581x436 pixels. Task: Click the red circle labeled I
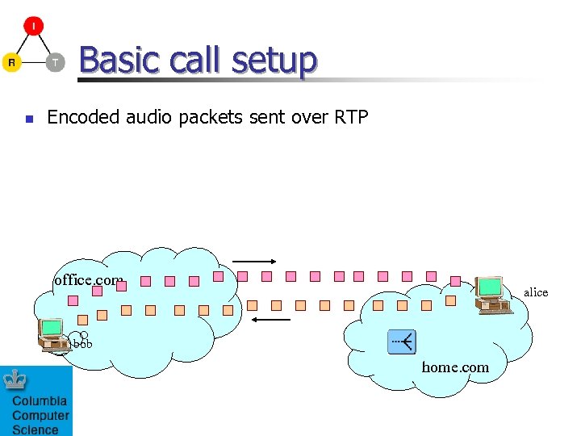(33, 26)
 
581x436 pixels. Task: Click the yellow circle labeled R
(10, 63)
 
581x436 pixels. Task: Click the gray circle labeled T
(55, 63)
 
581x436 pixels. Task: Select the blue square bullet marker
(28, 119)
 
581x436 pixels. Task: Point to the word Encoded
(84, 118)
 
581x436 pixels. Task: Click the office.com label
(88, 281)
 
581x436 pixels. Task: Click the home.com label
(455, 367)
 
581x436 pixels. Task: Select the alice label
(536, 292)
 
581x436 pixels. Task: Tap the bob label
(82, 345)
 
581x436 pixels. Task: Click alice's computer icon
(491, 295)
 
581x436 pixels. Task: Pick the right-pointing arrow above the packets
(254, 262)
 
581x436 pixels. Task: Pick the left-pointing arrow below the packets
(270, 321)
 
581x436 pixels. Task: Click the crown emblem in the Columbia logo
(15, 380)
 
